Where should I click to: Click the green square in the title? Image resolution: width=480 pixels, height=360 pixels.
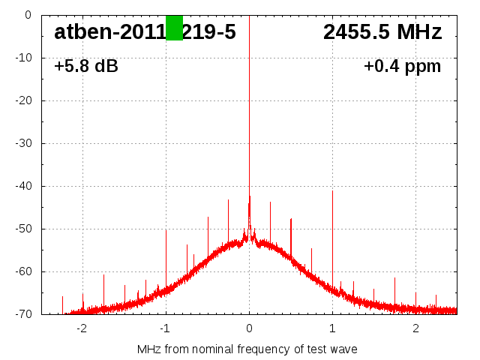(x=174, y=28)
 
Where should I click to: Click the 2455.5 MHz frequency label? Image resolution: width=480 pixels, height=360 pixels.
(x=382, y=32)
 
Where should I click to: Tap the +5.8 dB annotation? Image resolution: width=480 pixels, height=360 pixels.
(x=86, y=66)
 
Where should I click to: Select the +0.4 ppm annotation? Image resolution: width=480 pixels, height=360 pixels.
(x=402, y=66)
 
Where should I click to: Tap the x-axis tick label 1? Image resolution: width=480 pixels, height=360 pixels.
(x=332, y=328)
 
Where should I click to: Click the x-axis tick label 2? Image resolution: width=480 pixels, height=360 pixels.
(x=415, y=328)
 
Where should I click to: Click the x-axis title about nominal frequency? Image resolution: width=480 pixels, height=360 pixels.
(x=247, y=349)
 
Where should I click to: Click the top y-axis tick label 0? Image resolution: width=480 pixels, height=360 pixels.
(x=28, y=15)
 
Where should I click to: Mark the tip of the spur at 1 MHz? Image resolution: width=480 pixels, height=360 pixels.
(x=332, y=191)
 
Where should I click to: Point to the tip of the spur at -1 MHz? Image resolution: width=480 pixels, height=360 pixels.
(x=166, y=230)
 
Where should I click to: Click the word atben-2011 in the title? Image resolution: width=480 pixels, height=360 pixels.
(x=109, y=32)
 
